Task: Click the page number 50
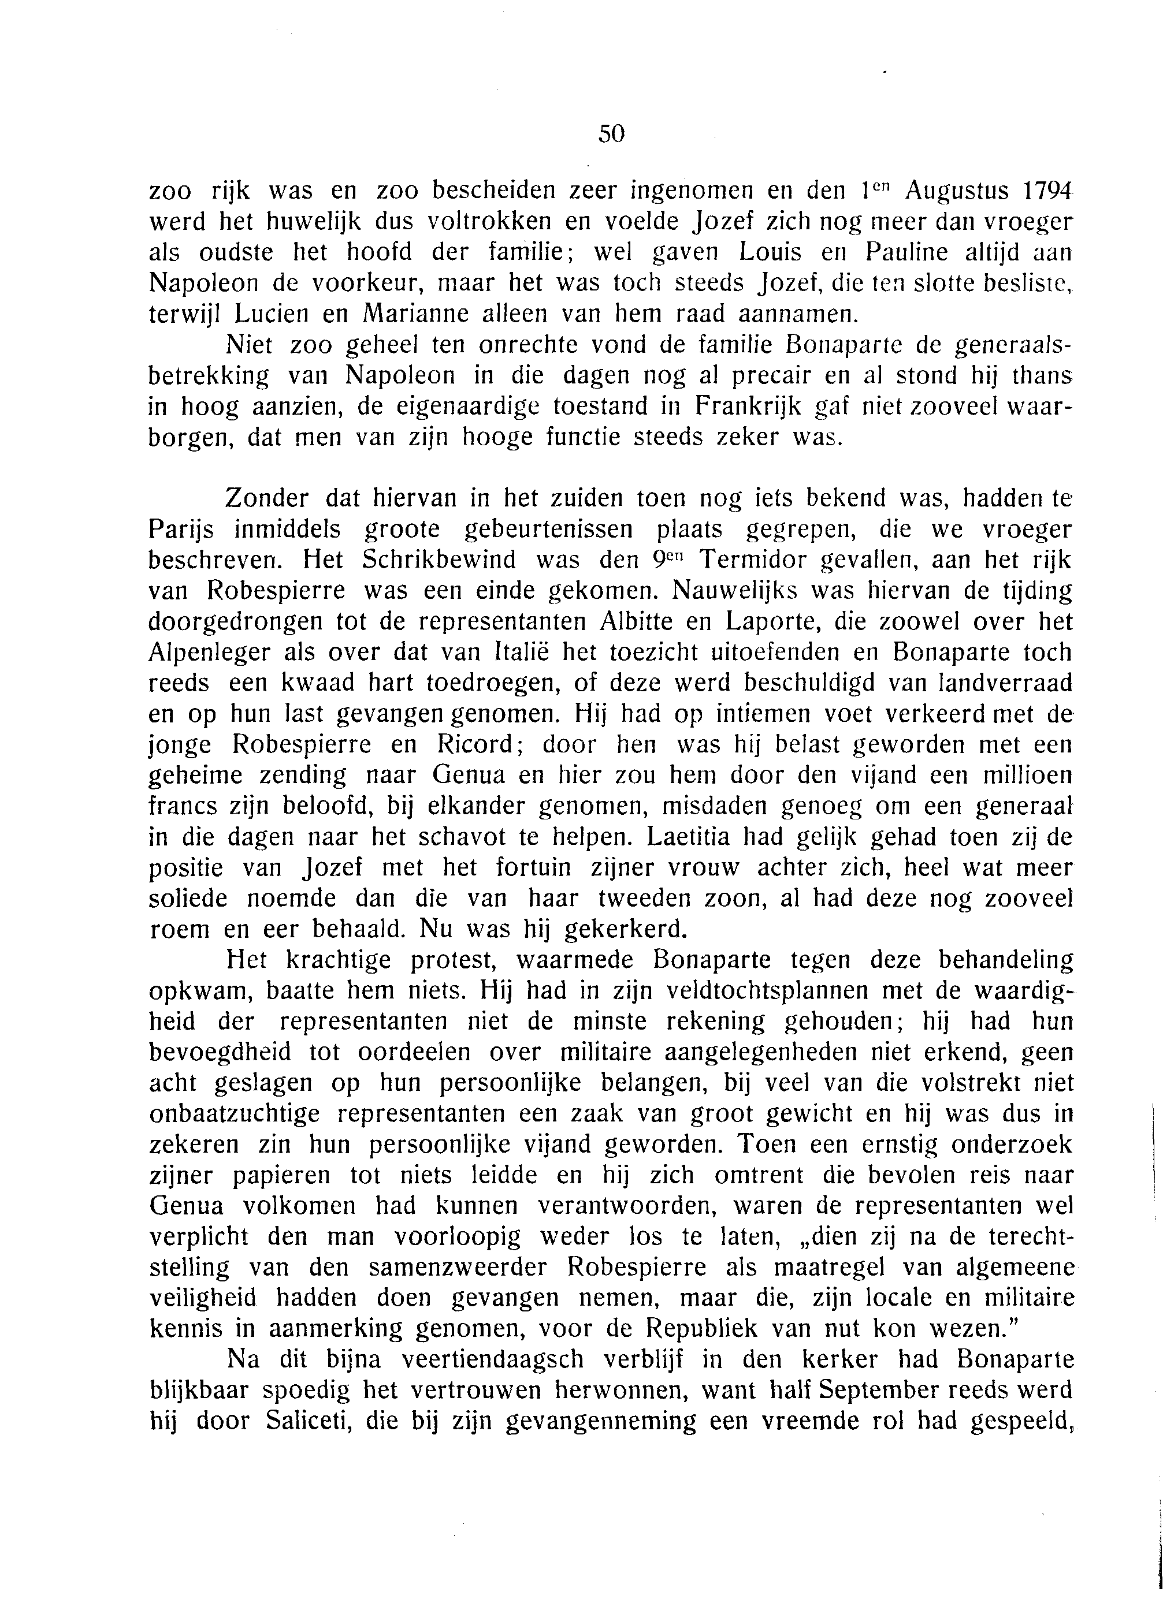(611, 133)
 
